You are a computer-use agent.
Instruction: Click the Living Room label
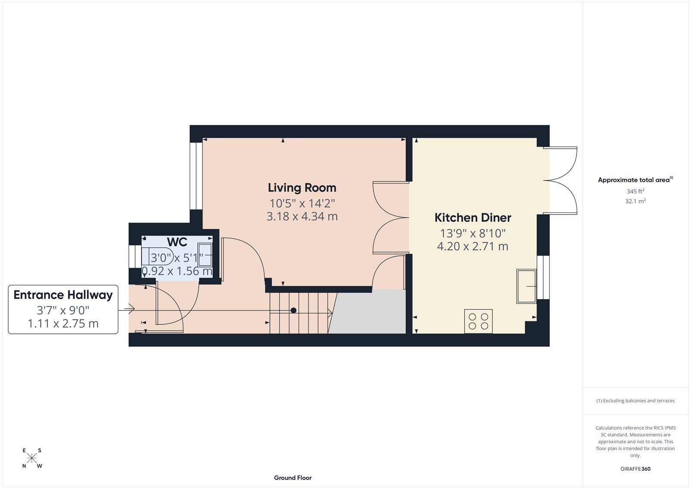coord(302,188)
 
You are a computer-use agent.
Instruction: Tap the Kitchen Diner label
coord(472,217)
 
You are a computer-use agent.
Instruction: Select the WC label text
coord(177,242)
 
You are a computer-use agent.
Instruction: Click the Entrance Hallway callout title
coord(63,295)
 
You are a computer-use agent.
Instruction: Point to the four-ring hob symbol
coord(478,321)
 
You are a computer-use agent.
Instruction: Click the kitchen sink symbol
coord(526,286)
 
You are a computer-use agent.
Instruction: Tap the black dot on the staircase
coord(293,310)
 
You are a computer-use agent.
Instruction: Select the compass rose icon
coord(32,458)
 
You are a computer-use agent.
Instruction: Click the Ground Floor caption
coord(292,478)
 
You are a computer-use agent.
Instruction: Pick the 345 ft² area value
coord(635,191)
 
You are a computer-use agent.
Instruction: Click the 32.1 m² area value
coord(635,201)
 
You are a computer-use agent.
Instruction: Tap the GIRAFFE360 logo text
coord(635,469)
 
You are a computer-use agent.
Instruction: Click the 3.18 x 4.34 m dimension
coord(302,216)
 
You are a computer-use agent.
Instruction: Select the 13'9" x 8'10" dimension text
coord(472,233)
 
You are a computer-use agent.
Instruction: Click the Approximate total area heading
coord(634,180)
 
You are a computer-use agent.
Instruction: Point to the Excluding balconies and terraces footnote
coord(635,401)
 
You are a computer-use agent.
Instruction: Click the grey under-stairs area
coord(369,312)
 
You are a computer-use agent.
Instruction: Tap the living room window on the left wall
coord(196,176)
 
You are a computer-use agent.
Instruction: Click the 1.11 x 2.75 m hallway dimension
coord(63,323)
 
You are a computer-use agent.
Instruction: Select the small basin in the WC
coord(205,255)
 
